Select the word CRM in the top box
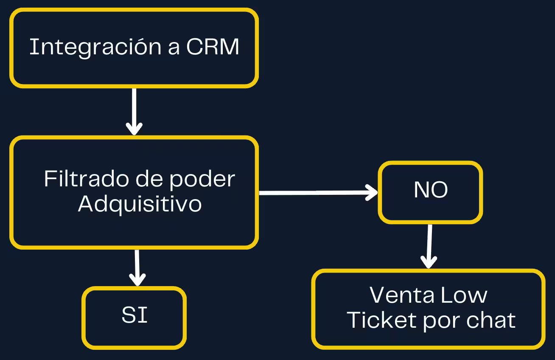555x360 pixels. pyautogui.click(x=213, y=47)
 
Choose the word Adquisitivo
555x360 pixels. pyautogui.click(x=140, y=204)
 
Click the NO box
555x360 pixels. pyautogui.click(x=430, y=192)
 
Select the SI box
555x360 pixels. pyautogui.click(x=134, y=317)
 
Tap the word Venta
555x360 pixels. pyautogui.click(x=396, y=295)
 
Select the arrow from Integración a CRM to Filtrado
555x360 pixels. pyautogui.click(x=134, y=110)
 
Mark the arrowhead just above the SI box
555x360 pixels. pyautogui.click(x=137, y=280)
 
